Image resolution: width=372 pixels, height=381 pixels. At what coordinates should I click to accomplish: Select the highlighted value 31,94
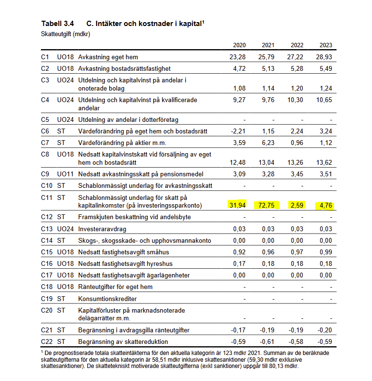click(236, 205)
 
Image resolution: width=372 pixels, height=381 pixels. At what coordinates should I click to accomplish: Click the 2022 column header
click(297, 45)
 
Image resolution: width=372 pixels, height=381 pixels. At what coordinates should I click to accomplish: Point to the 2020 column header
click(239, 45)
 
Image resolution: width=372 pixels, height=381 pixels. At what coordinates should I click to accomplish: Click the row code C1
click(45, 57)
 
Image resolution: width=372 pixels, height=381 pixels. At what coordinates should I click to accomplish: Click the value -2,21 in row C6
click(238, 131)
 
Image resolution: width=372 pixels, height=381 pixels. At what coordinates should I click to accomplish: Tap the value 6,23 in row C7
click(268, 143)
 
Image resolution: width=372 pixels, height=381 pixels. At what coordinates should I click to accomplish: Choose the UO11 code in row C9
click(65, 174)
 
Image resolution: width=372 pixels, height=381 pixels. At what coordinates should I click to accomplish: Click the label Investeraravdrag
click(102, 229)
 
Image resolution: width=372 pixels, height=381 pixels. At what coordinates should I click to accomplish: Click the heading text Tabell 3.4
click(58, 23)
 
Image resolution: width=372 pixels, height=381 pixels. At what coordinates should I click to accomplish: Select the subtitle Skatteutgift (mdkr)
click(65, 34)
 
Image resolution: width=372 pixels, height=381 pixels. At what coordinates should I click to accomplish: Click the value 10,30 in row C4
click(295, 100)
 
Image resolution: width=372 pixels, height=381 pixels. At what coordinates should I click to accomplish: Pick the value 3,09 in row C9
click(239, 174)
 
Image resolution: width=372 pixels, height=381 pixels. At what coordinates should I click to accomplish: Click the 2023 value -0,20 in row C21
click(324, 330)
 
